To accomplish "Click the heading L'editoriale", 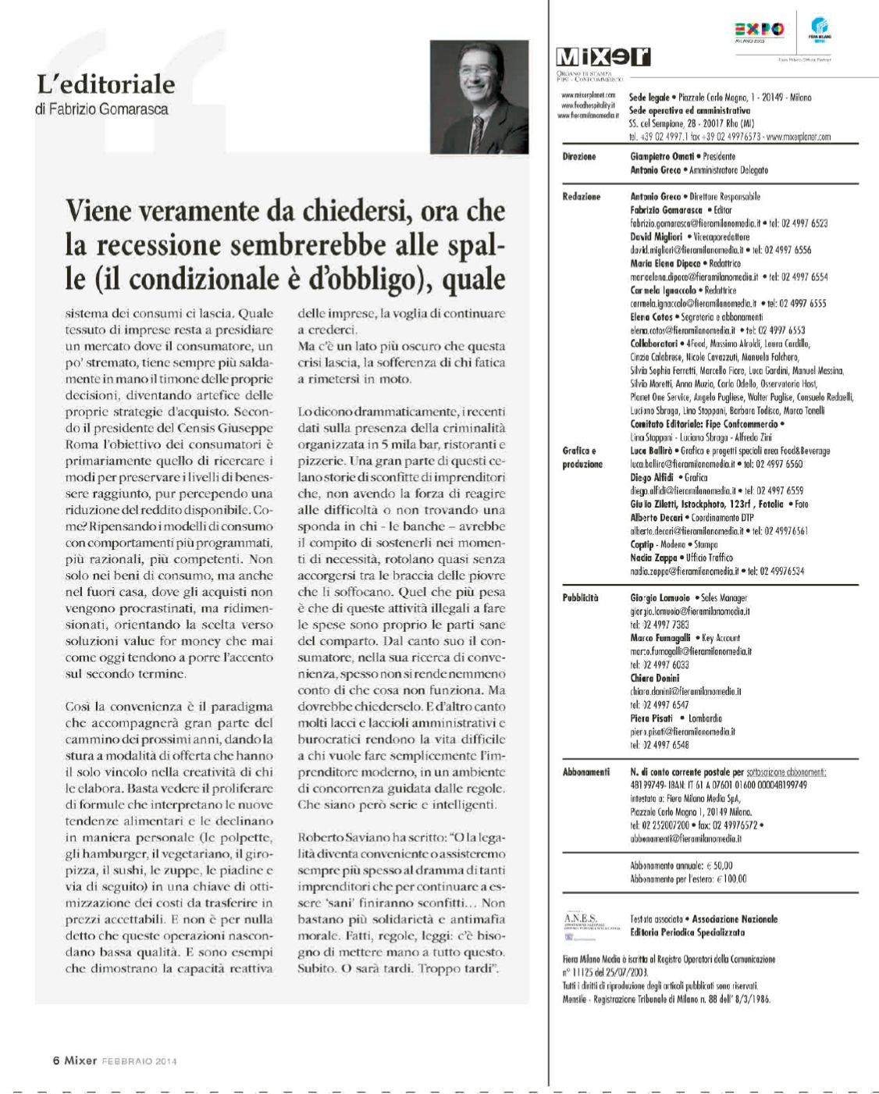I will click(105, 84).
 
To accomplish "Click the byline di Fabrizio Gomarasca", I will click(102, 109).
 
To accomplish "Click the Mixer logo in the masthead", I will click(603, 56).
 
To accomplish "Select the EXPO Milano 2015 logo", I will click(759, 30).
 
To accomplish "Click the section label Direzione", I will click(579, 157).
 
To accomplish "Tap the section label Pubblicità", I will click(580, 598).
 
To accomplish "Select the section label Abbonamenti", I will click(585, 772).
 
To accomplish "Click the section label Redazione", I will click(581, 197).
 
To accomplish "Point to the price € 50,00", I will click(718, 865).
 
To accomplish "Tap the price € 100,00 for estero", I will click(731, 878).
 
